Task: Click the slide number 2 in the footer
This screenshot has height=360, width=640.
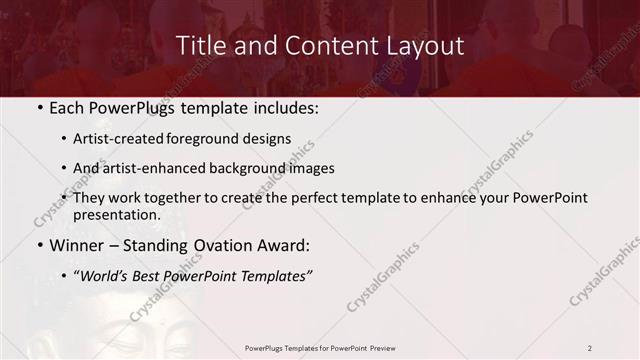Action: pyautogui.click(x=590, y=348)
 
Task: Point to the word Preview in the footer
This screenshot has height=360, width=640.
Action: pyautogui.click(x=385, y=348)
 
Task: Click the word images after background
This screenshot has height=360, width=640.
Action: pyautogui.click(x=309, y=168)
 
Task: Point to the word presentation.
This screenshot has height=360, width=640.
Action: pyautogui.click(x=116, y=215)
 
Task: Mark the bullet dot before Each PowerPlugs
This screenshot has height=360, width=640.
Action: pyautogui.click(x=39, y=108)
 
